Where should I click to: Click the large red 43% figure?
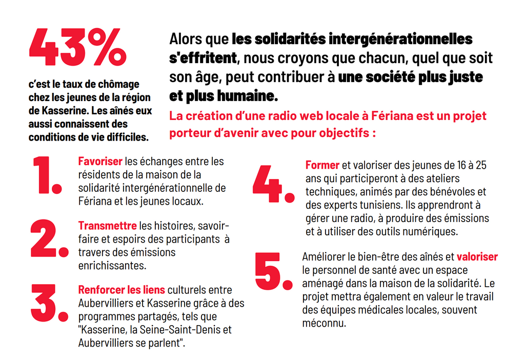(x=77, y=47)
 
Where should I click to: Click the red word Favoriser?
(x=100, y=162)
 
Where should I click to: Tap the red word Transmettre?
(x=107, y=226)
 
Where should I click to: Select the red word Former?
(x=322, y=165)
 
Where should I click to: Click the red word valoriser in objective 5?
(x=477, y=256)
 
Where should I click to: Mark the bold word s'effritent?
(x=203, y=57)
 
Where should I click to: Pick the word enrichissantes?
(x=112, y=266)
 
